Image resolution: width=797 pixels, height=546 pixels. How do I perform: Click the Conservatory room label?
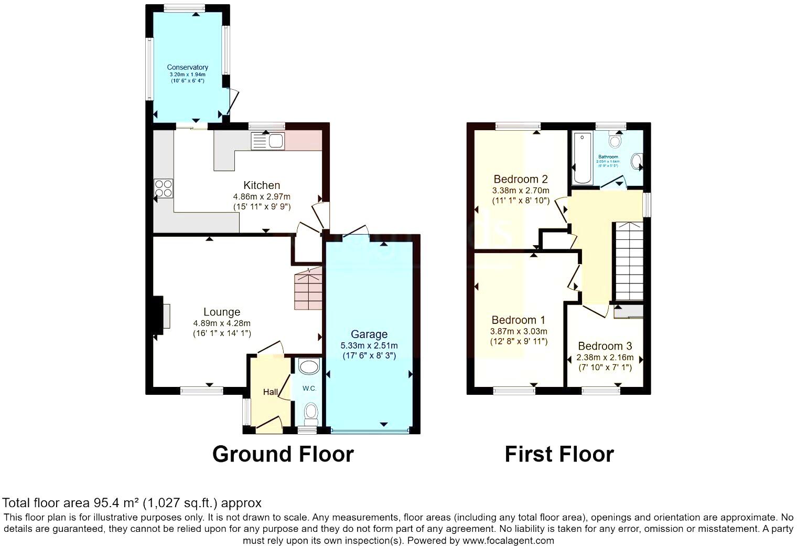tap(187, 67)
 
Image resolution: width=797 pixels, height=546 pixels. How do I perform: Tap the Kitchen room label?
tap(262, 185)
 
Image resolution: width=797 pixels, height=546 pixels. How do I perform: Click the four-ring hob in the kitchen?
tap(164, 188)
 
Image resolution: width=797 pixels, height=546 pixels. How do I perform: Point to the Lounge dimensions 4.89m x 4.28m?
tap(222, 323)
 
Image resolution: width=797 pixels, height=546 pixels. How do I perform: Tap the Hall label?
tap(270, 392)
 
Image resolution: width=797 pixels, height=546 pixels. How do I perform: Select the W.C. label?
tap(309, 388)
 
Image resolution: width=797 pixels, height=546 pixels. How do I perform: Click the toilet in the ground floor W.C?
tap(311, 413)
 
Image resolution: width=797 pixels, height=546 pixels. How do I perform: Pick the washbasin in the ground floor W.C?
tap(309, 366)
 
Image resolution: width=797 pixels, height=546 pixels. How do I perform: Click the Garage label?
tap(369, 334)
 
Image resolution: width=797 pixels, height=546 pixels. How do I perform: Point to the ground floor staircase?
tap(308, 289)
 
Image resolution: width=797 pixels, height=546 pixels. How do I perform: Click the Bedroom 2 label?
tap(520, 180)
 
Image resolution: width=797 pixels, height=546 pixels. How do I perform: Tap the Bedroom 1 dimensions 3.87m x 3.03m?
tap(518, 331)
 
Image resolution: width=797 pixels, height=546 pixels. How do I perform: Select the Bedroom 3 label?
tap(605, 346)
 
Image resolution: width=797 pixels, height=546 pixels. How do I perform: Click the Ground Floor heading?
tap(283, 454)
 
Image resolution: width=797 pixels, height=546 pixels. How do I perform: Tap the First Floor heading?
tap(559, 454)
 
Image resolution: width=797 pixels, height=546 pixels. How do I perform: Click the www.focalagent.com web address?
tap(508, 540)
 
